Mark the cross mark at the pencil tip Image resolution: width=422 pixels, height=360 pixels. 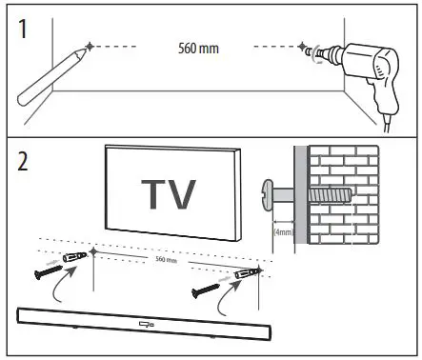(89, 46)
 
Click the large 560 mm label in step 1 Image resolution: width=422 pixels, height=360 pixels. (199, 47)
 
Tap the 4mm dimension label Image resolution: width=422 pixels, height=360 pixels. (283, 230)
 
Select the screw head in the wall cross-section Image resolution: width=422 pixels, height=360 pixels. (268, 194)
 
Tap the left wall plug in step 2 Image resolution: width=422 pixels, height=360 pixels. (75, 258)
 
